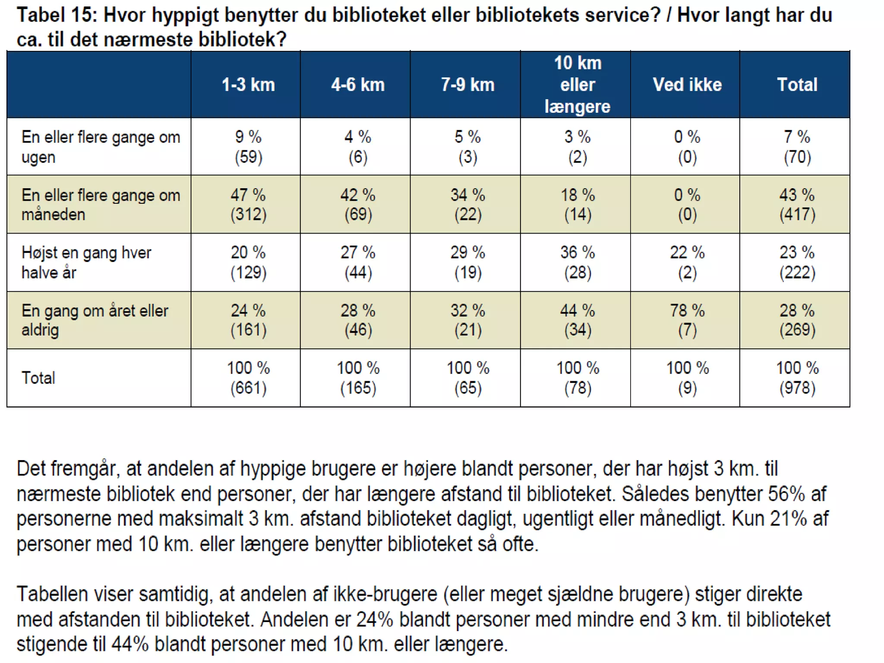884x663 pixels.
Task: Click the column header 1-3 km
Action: (248, 85)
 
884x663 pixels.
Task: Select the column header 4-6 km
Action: (358, 85)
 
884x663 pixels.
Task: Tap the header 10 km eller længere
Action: (577, 85)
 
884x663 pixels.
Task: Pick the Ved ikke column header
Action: (687, 85)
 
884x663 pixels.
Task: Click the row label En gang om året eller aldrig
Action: (95, 320)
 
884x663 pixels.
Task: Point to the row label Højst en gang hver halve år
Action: (86, 262)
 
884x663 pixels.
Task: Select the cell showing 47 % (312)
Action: (248, 205)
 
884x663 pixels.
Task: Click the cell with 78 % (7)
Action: (687, 320)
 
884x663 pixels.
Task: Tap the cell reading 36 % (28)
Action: (577, 262)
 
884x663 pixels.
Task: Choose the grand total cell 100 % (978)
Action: (797, 378)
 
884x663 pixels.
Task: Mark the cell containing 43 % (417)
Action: (797, 205)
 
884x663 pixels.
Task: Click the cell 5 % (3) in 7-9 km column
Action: (467, 147)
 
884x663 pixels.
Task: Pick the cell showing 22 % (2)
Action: (687, 262)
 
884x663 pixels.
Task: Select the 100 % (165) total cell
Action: (358, 378)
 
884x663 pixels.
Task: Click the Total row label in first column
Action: (38, 378)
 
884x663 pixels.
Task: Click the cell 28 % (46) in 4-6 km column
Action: (358, 320)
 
